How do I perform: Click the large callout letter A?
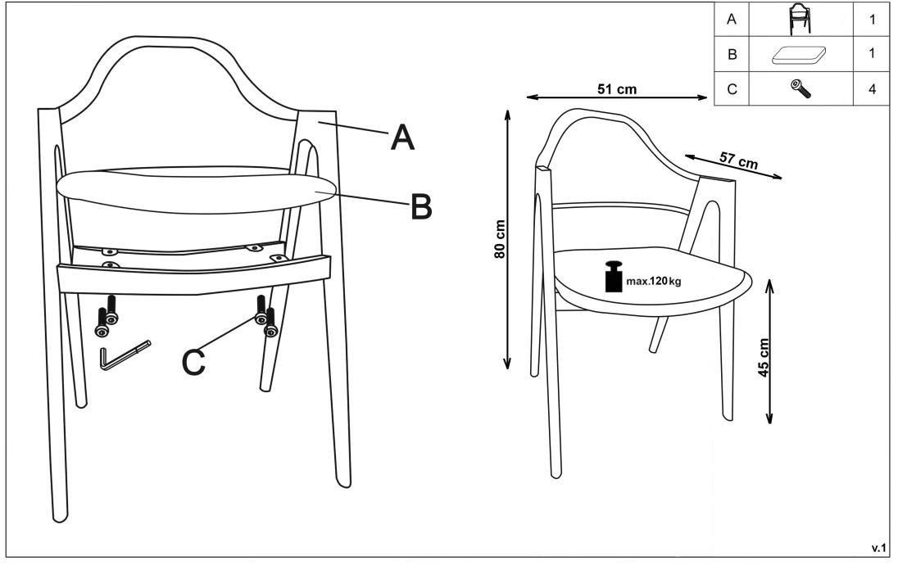coord(402,138)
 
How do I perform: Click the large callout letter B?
coord(421,206)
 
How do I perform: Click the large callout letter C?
coord(193,362)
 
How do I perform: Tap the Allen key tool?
coord(125,355)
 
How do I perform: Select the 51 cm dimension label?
coord(617,89)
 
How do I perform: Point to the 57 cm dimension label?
coord(738,160)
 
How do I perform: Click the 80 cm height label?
coord(500,239)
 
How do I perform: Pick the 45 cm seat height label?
coord(764,358)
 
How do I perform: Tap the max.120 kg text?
coord(654,282)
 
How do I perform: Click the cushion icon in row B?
coord(799,55)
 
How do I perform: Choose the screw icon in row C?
coord(800,88)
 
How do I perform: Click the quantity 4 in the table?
coord(872,89)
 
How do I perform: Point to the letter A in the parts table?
coord(732,20)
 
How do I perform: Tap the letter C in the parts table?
coord(732,90)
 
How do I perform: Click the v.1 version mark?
coord(878,548)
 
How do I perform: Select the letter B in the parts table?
coord(732,55)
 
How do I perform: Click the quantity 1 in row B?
coord(872,53)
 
